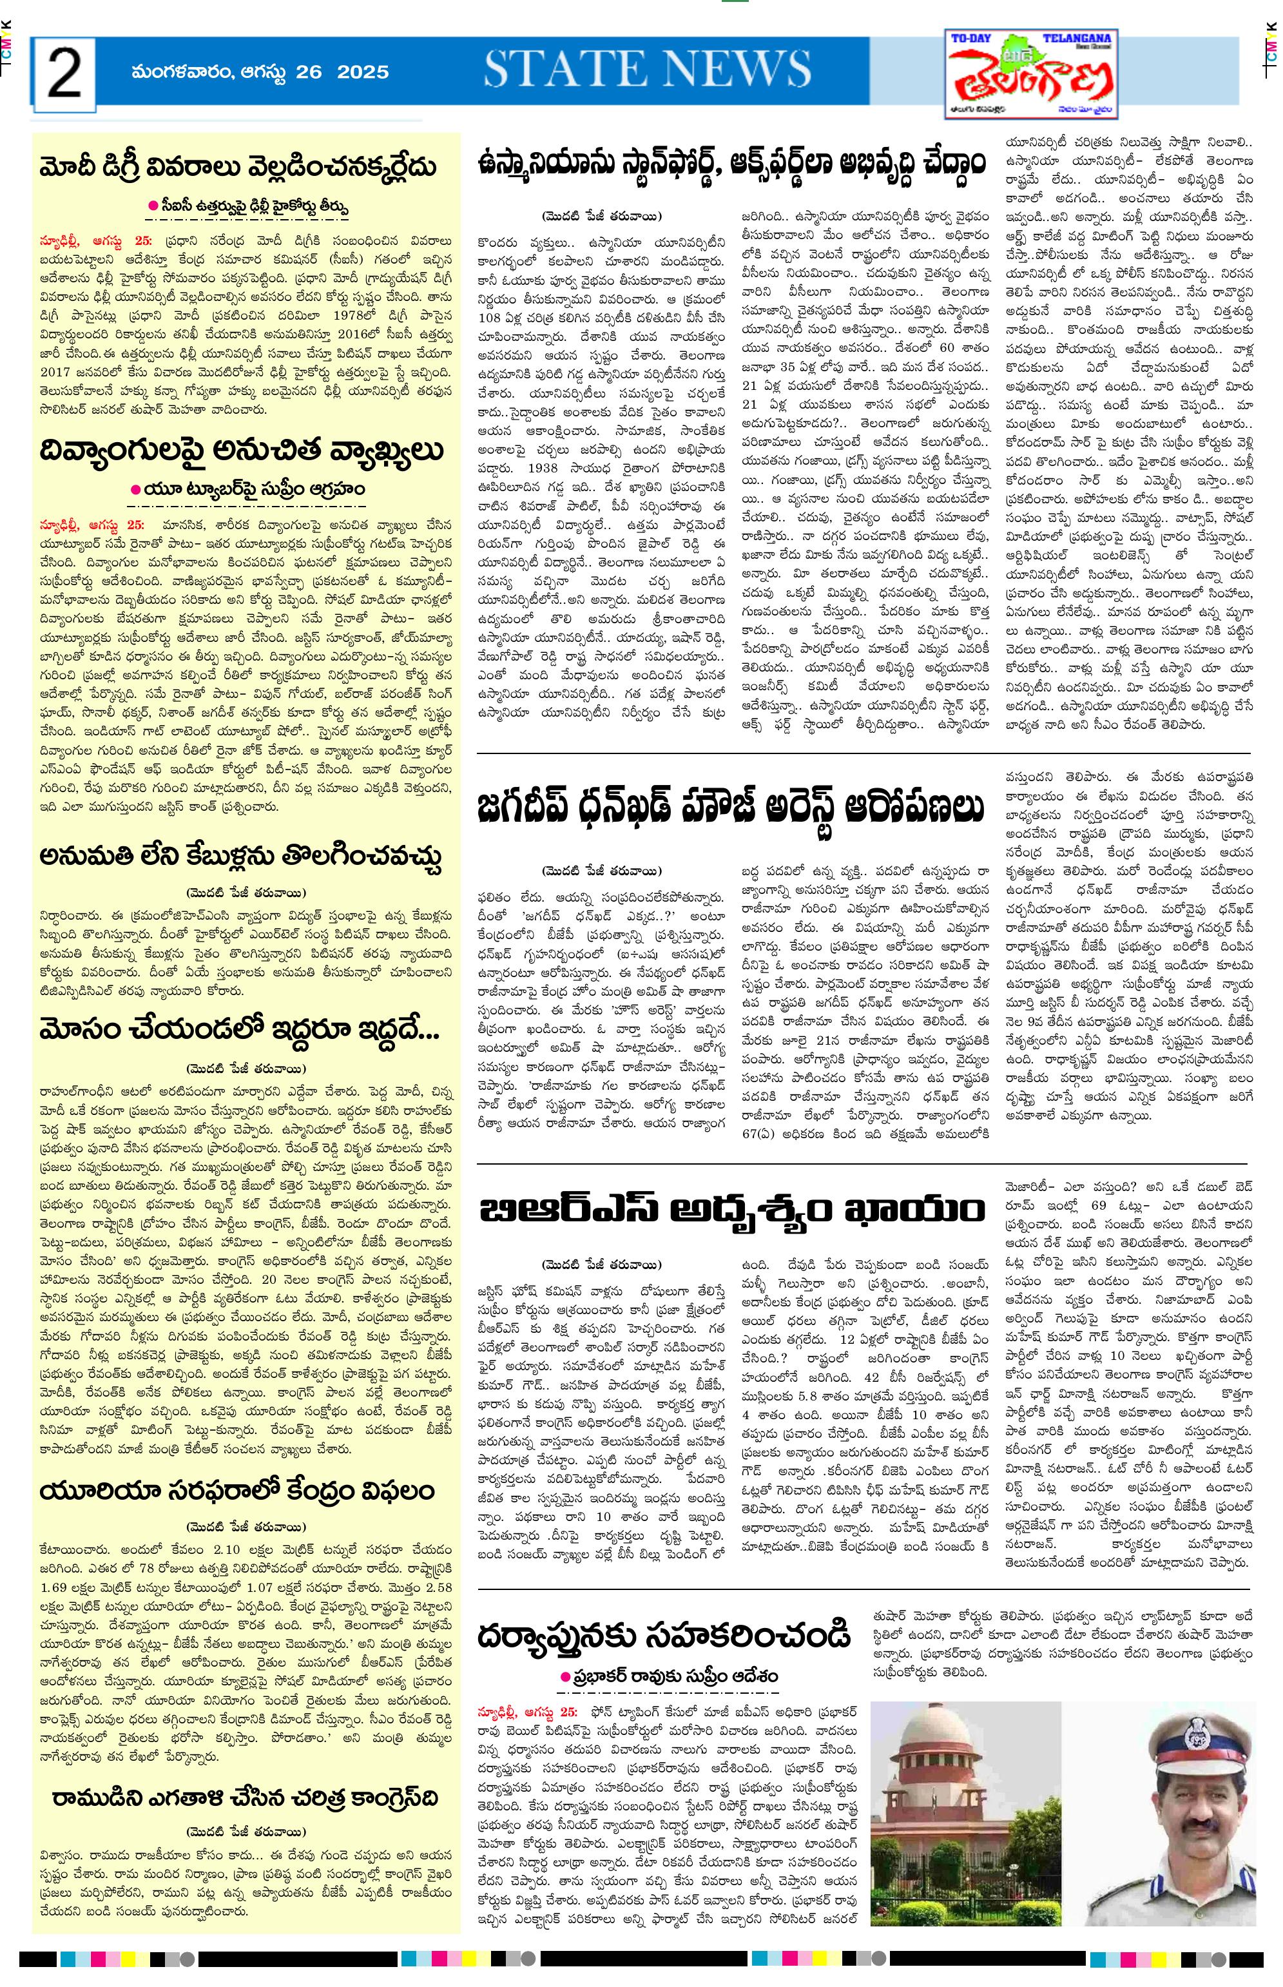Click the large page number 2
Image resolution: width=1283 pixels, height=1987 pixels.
coord(64,72)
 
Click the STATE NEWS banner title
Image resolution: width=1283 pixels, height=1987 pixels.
coord(648,70)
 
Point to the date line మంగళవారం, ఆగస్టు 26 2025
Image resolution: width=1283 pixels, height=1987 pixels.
coord(260,72)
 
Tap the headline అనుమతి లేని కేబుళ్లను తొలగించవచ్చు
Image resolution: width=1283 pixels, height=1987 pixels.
coord(240,856)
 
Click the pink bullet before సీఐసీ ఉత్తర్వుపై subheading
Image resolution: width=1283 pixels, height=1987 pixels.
coord(153,205)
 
